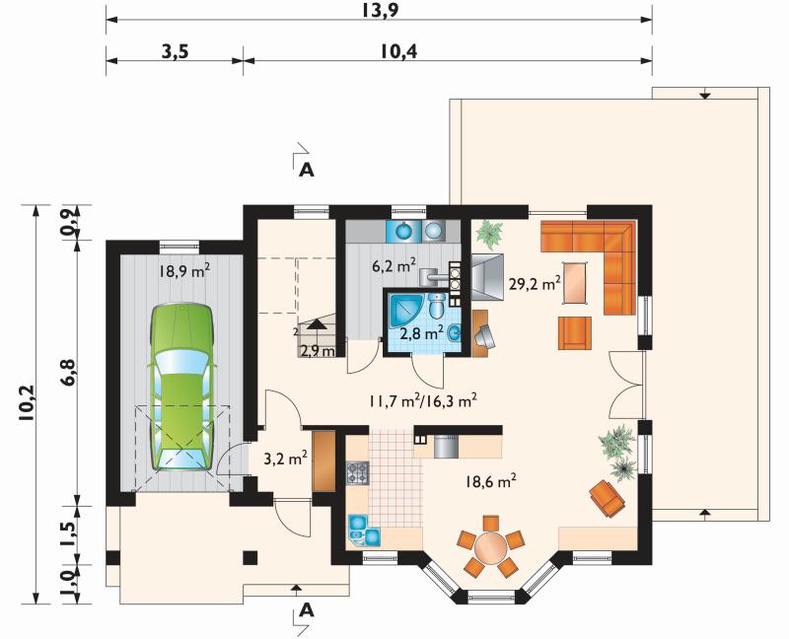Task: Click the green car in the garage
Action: pos(181,387)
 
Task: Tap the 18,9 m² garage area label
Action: pos(184,272)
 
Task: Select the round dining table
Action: pos(491,547)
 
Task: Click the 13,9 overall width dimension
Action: pos(380,10)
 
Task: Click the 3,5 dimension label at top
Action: pos(176,51)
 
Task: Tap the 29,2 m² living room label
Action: pos(535,284)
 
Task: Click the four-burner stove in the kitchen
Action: pos(357,472)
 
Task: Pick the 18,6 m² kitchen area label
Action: pos(490,481)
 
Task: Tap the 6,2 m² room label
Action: pos(394,265)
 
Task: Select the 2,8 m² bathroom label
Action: pos(422,332)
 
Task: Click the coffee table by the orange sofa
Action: pos(574,282)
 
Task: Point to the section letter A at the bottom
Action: pos(307,611)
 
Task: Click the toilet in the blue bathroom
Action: pos(436,305)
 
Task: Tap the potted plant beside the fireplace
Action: pos(489,234)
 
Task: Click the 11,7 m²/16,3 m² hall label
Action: pos(423,401)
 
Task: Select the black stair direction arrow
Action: pos(316,324)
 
